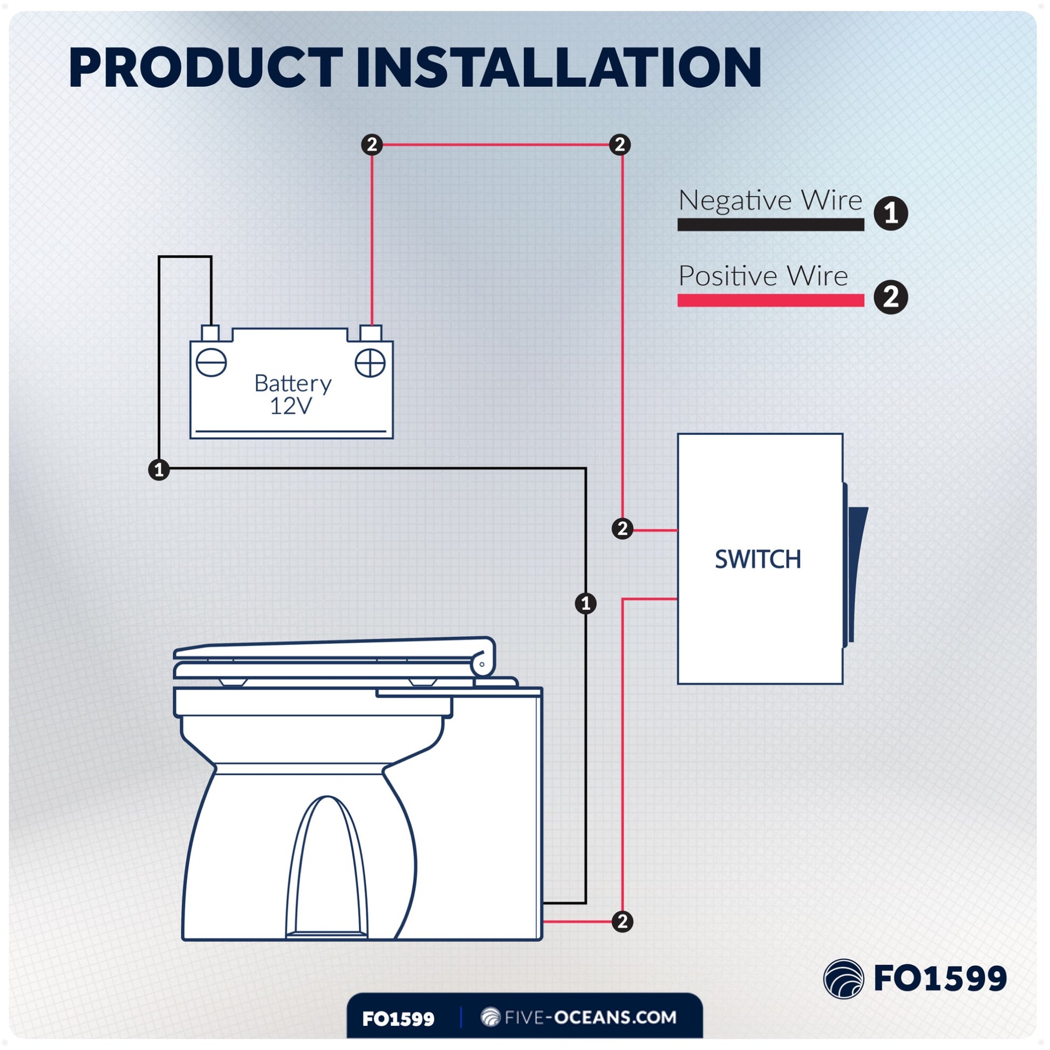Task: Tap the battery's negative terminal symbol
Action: (211, 363)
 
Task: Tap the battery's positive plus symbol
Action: (370, 363)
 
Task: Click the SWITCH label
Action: (758, 559)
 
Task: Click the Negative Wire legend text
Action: (770, 200)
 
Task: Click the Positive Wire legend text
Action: (763, 276)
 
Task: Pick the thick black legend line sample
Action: (770, 224)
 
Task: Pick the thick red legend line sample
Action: (770, 300)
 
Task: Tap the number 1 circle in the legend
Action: (891, 213)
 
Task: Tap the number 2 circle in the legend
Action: (891, 297)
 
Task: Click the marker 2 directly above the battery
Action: (372, 145)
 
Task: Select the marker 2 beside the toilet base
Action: (622, 921)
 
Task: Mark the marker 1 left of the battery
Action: (159, 469)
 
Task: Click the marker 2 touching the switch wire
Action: (622, 528)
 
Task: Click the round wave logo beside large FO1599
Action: (843, 979)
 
